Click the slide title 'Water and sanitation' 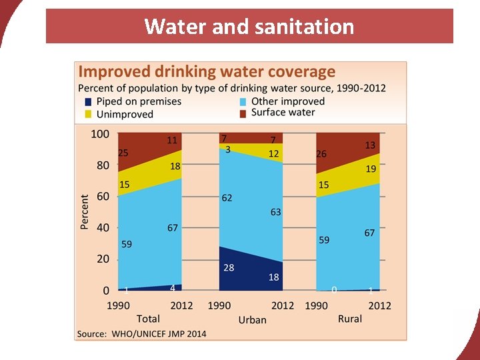click(x=249, y=27)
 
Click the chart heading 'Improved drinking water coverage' click(x=207, y=72)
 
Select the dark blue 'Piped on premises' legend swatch click(x=88, y=102)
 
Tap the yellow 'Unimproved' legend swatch click(x=88, y=114)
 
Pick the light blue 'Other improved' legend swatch click(x=243, y=102)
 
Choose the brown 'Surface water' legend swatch click(x=243, y=113)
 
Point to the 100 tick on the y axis click(x=99, y=134)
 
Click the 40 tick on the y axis click(x=103, y=227)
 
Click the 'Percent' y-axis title click(x=85, y=212)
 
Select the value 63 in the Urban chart click(x=275, y=212)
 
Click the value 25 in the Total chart click(x=123, y=153)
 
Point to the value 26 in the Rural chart click(x=321, y=154)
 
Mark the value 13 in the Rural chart click(x=370, y=145)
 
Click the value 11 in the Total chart click(x=172, y=141)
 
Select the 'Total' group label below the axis click(x=148, y=319)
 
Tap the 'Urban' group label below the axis click(x=252, y=319)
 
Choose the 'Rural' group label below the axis click(x=349, y=319)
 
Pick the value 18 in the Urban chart click(x=273, y=277)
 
